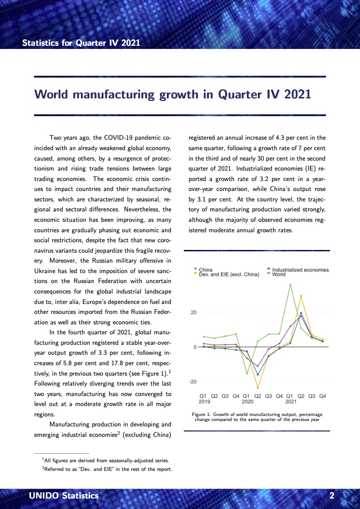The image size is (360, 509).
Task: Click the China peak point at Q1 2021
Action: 291,284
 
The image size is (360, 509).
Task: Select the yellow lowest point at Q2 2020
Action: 258,387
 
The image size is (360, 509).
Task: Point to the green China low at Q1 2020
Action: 247,373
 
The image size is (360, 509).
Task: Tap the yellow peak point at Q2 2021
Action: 301,296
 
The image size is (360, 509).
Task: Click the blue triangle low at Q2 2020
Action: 258,374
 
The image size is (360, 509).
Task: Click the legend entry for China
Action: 205,270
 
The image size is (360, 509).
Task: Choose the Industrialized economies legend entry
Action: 300,270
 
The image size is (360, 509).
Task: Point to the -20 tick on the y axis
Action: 192,382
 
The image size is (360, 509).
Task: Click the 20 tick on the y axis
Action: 193,313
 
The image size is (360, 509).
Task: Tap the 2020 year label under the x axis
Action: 247,401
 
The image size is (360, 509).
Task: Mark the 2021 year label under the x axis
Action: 291,401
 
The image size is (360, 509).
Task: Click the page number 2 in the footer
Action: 332,496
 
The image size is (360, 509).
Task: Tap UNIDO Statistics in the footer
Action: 64,496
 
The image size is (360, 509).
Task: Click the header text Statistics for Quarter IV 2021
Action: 81,43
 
